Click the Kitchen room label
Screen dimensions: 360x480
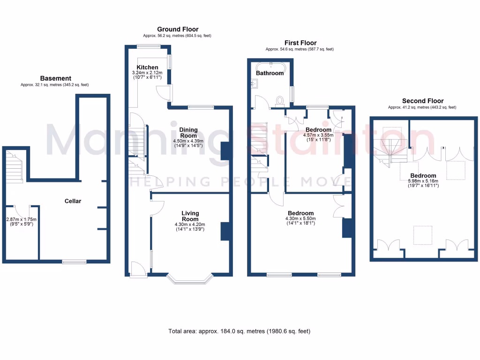147,67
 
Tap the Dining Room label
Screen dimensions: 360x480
188,133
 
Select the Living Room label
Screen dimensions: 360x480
190,216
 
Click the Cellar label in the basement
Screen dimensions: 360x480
73,201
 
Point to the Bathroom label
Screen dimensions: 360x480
270,73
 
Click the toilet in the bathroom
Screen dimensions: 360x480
280,100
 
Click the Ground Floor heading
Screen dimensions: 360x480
178,29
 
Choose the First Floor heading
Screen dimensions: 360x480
300,43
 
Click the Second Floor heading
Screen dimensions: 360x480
422,101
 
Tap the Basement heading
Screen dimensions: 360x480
55,78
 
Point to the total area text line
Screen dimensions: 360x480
239,331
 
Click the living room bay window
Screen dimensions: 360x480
190,280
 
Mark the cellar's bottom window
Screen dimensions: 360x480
75,262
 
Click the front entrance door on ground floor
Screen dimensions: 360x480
138,269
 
